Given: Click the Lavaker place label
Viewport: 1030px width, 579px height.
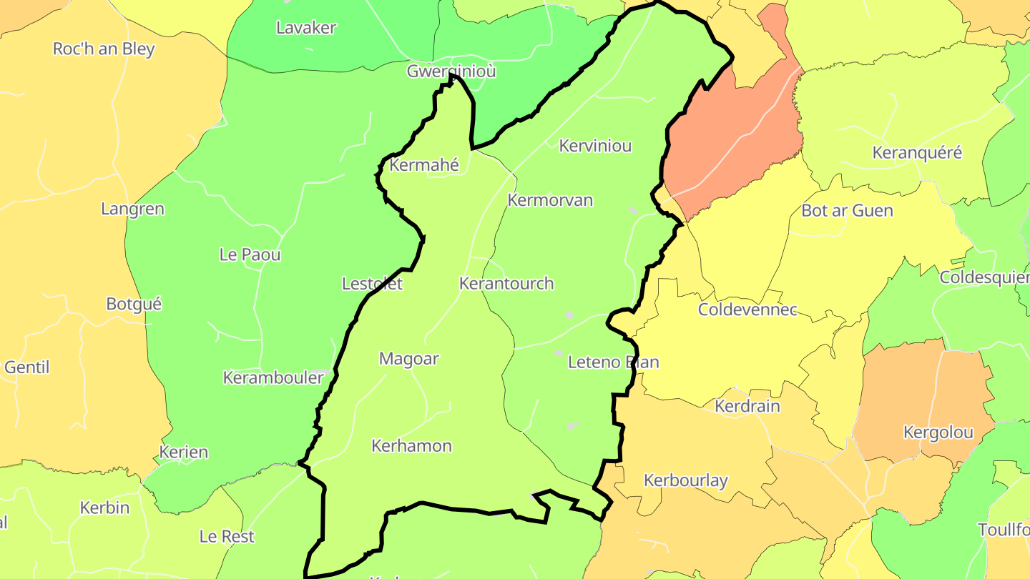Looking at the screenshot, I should click(x=306, y=28).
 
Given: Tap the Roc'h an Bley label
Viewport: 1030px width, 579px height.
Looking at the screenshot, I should click(x=104, y=49).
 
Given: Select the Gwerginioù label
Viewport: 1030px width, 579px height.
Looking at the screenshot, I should click(x=451, y=71).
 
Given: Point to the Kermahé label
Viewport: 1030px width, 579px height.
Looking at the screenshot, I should click(x=423, y=166).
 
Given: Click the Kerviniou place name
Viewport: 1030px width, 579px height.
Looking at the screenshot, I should click(x=595, y=146).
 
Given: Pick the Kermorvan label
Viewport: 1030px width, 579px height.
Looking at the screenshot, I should click(x=550, y=200).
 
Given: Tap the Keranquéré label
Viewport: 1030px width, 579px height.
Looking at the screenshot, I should click(x=917, y=153).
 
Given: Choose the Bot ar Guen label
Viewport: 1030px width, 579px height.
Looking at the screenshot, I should click(x=847, y=211).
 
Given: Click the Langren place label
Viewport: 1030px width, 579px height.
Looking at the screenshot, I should click(x=132, y=209).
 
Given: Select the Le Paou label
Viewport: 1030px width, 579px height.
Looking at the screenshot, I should click(x=250, y=255).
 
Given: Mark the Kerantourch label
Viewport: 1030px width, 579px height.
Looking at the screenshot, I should click(x=506, y=284).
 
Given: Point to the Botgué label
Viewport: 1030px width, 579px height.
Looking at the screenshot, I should click(x=134, y=304).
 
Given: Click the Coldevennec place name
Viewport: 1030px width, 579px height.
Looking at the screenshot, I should click(x=747, y=310).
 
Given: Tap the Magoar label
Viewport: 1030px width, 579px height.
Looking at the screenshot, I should click(x=408, y=360).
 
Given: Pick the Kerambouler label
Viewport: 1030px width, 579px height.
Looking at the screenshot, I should click(x=273, y=378).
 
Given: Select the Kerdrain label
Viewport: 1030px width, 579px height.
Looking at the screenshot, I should click(x=747, y=407).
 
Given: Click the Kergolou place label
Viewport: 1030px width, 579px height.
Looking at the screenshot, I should click(x=938, y=432).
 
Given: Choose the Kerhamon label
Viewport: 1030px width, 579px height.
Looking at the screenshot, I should click(x=411, y=447).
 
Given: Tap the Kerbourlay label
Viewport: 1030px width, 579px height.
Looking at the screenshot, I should click(x=685, y=481).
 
